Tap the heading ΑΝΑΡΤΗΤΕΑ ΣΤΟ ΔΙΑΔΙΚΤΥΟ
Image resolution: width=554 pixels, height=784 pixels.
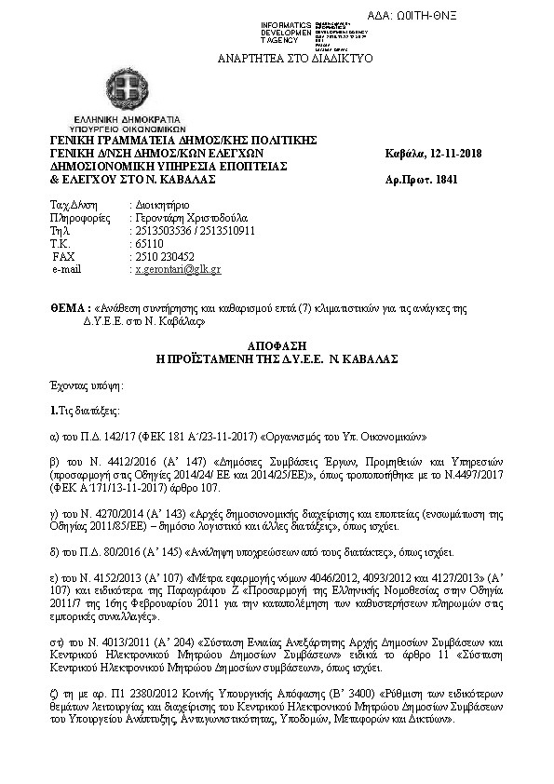[295, 58]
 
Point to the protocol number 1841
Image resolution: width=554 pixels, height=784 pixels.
[448, 179]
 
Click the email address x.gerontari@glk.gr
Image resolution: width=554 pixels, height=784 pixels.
[177, 269]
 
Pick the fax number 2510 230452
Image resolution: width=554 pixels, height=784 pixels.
[164, 256]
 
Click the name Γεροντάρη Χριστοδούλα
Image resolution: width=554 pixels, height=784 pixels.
[186, 217]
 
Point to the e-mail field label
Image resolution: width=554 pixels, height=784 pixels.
[68, 269]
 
